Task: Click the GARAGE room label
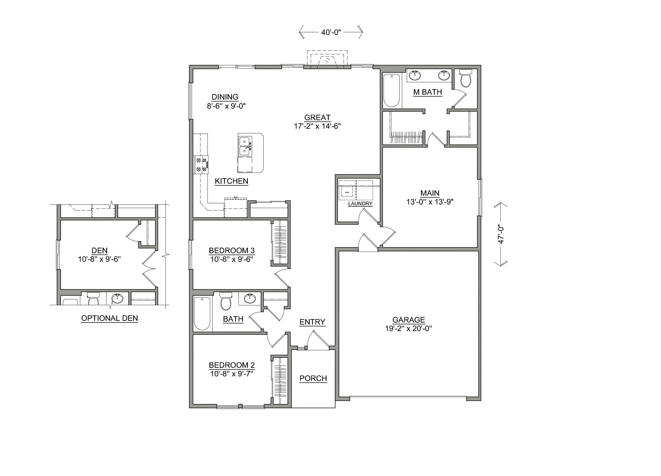[408, 320]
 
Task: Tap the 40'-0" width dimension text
[331, 32]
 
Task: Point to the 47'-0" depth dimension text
[501, 234]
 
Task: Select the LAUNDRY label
[360, 204]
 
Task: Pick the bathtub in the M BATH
[391, 91]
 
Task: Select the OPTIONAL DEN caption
[110, 318]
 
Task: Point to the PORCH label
[313, 378]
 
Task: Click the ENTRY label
[312, 322]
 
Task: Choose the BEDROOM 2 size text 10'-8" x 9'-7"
[231, 374]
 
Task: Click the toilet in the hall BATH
[226, 302]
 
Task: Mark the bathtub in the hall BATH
[202, 313]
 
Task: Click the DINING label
[225, 97]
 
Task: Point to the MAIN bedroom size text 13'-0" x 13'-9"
[430, 202]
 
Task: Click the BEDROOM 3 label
[232, 250]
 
